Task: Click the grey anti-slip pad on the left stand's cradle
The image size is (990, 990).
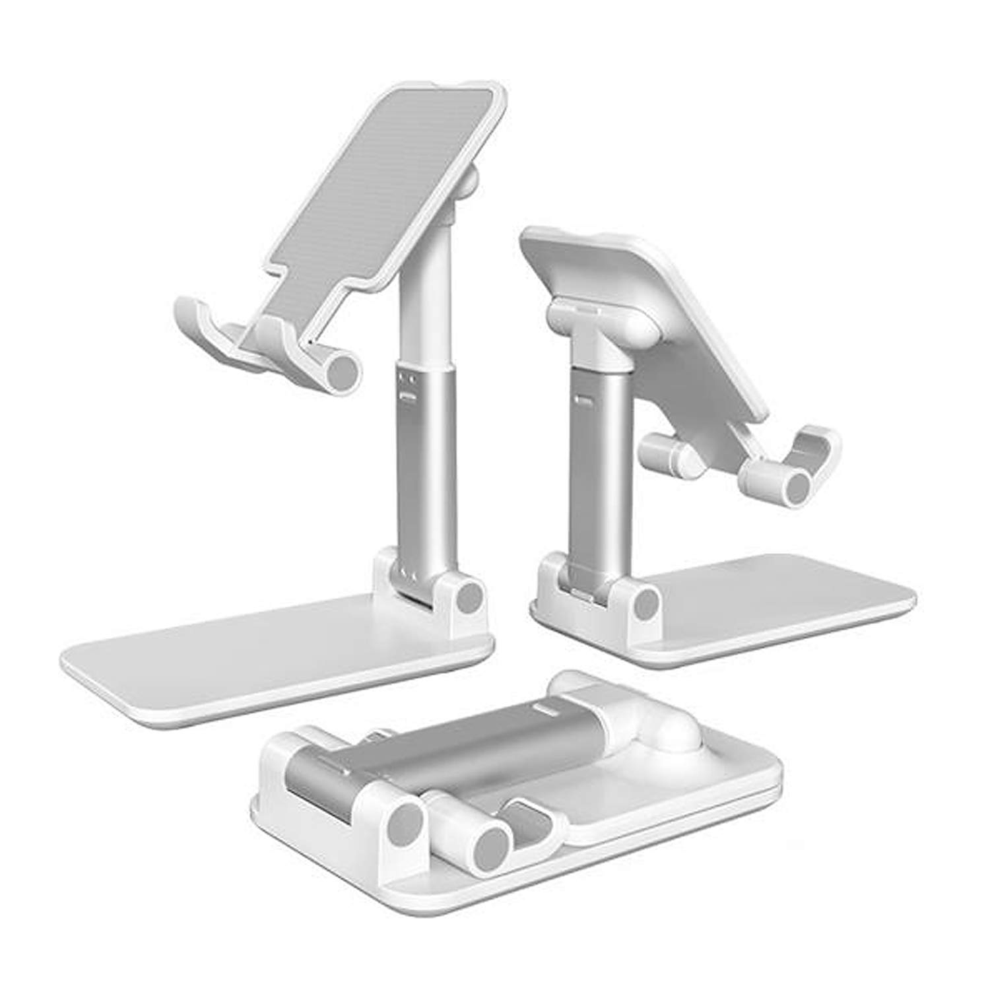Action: click(x=383, y=185)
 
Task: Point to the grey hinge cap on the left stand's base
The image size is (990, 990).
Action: click(x=469, y=597)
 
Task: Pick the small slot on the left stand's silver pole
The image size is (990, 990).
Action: click(x=407, y=396)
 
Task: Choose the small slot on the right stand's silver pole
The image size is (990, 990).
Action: click(x=583, y=400)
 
